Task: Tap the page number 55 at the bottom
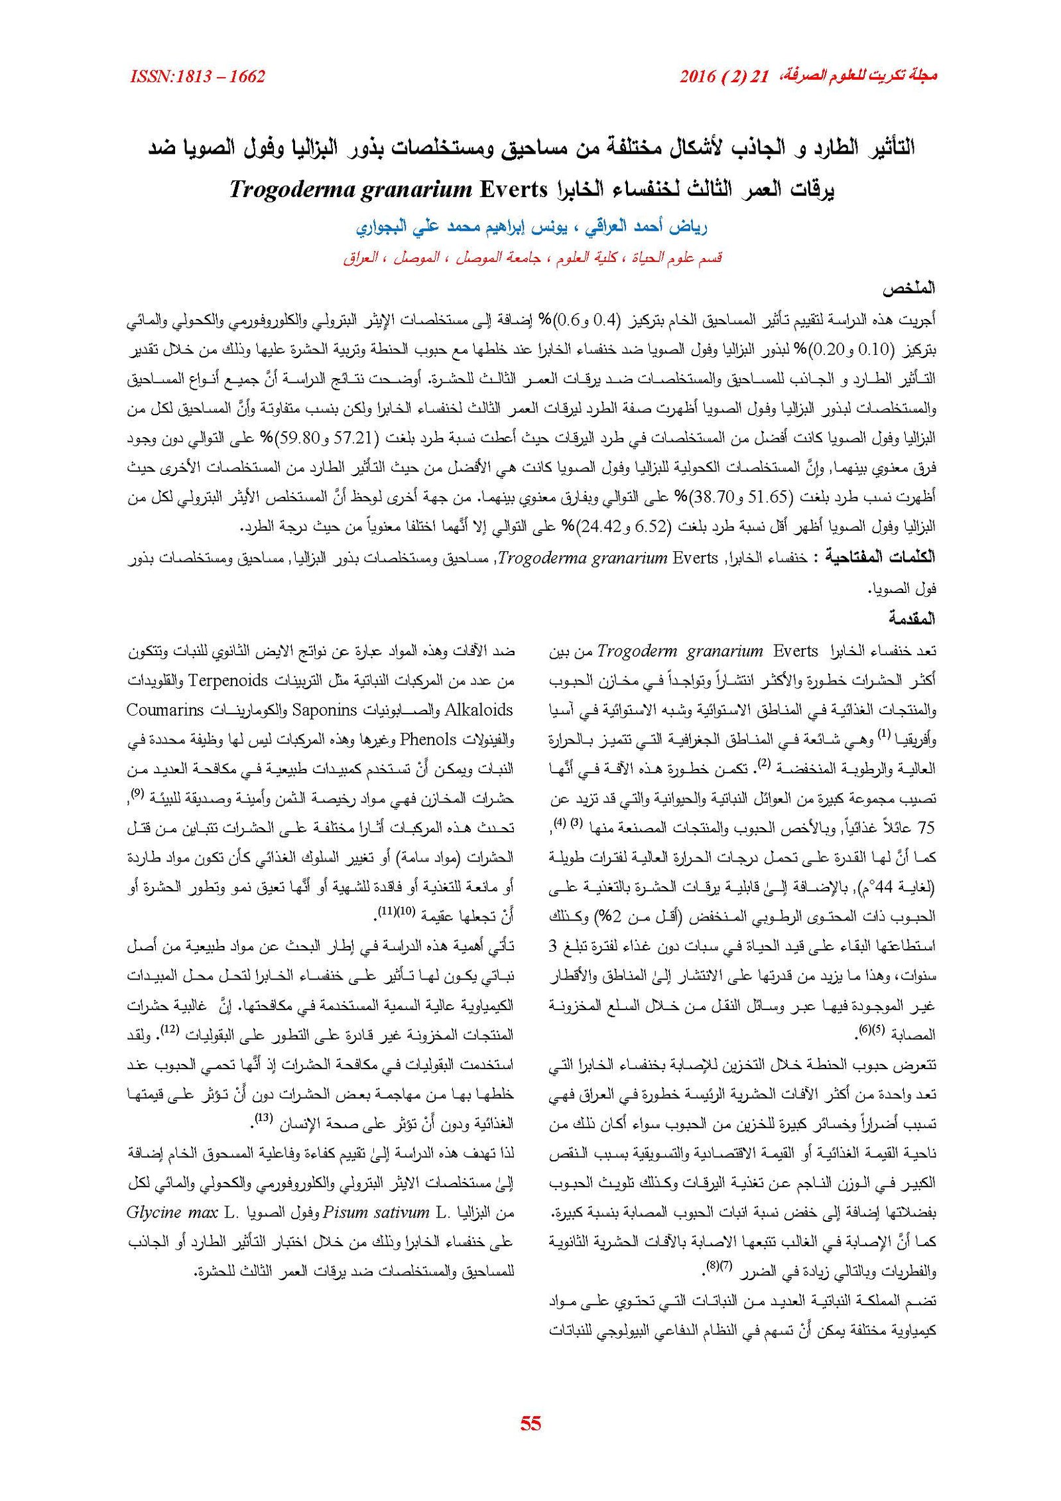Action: tap(530, 1424)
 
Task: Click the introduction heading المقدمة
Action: tap(912, 619)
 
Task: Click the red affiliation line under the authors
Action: tap(532, 257)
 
